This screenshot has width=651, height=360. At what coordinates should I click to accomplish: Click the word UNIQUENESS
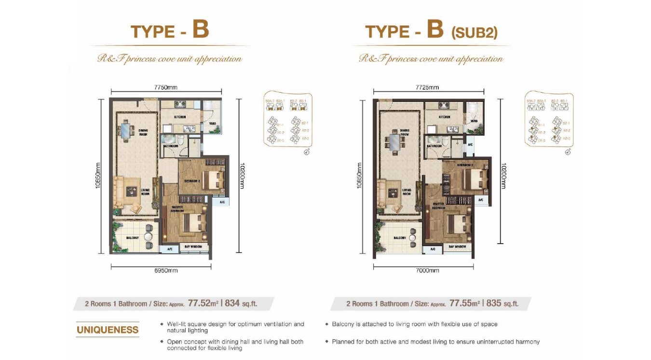click(x=108, y=330)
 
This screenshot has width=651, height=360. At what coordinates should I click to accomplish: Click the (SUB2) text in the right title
click(x=474, y=33)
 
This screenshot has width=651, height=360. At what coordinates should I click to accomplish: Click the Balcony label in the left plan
click(x=133, y=238)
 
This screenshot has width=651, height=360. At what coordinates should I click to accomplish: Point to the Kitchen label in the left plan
click(x=180, y=117)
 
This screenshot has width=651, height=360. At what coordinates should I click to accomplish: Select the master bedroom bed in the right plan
click(x=457, y=223)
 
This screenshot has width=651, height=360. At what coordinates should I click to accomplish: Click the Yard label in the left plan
click(x=212, y=124)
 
